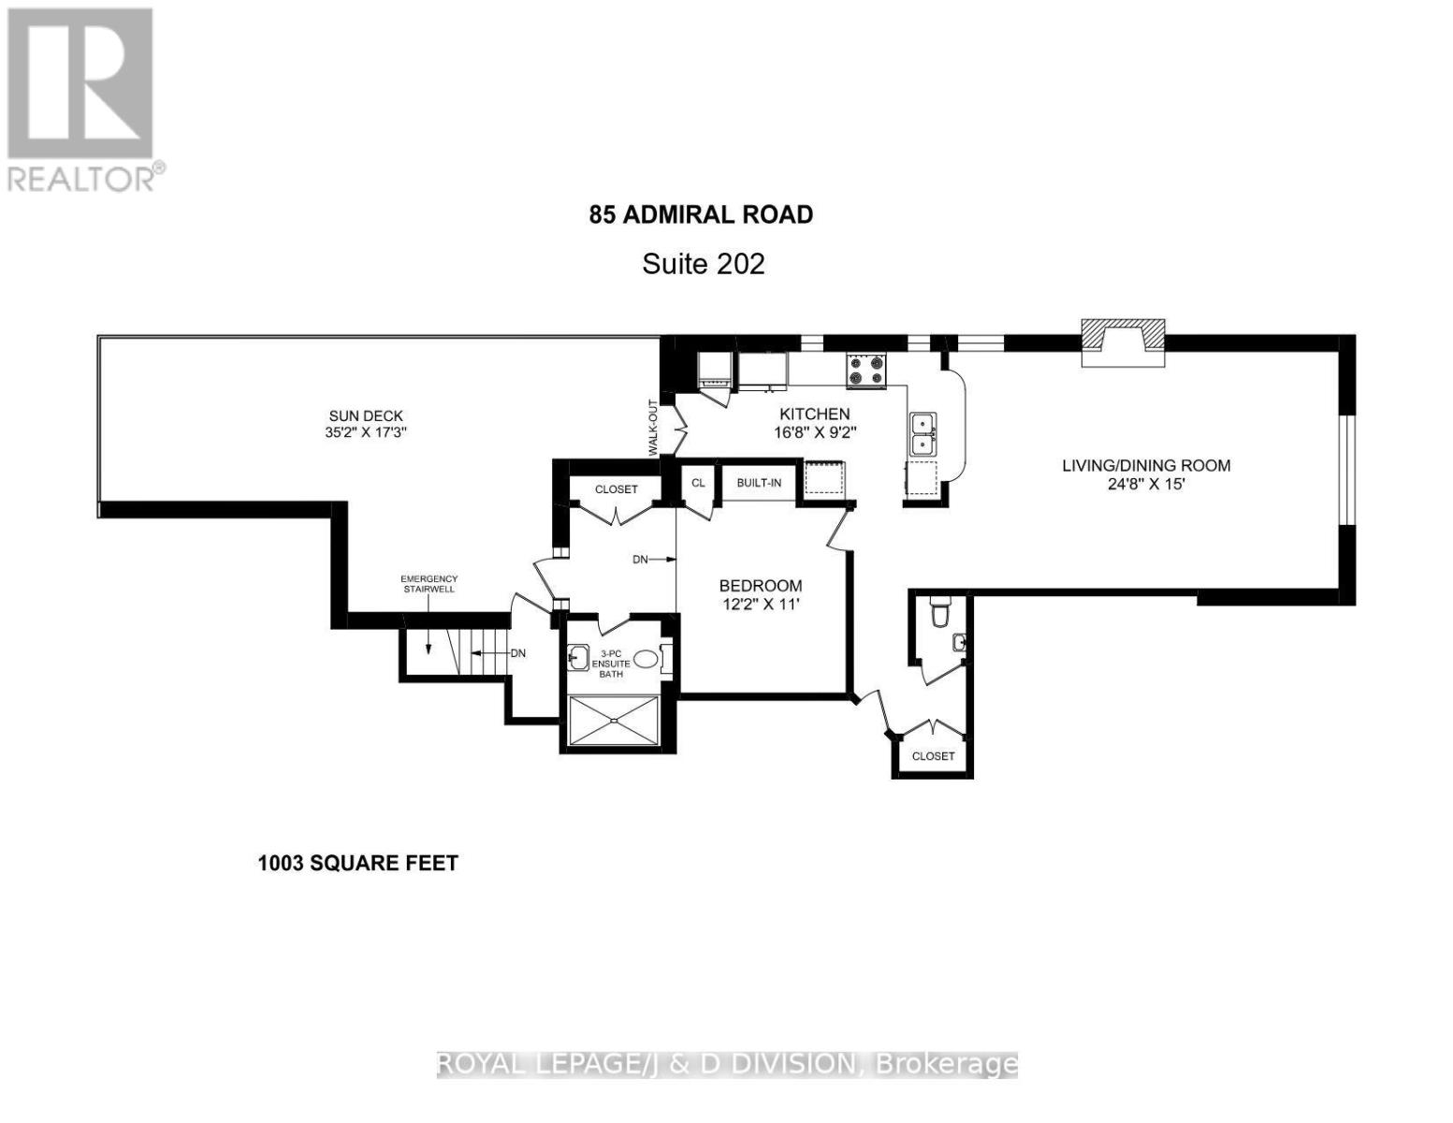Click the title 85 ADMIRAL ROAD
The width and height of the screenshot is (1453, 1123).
[x=701, y=214]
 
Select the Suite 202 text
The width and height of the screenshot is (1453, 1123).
[x=703, y=264]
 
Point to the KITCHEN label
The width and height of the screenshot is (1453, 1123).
[x=815, y=414]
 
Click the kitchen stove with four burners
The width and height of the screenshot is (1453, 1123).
[x=866, y=370]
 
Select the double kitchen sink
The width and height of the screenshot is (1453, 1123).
[x=923, y=434]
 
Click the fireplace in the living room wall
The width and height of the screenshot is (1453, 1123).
[x=1123, y=343]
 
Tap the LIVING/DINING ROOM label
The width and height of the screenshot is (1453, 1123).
[x=1145, y=465]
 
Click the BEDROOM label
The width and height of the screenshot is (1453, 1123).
[x=760, y=586]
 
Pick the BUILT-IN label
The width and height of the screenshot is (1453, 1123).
[x=759, y=483]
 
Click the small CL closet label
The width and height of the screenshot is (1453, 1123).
[x=698, y=483]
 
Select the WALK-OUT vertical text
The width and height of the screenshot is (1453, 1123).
[x=654, y=429]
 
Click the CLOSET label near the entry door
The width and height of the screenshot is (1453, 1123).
[x=933, y=755]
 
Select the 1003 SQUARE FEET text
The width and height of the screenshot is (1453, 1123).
[x=357, y=863]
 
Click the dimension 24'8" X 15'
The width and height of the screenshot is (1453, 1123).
[x=1145, y=485]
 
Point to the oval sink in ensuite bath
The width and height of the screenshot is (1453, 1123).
[x=645, y=659]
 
